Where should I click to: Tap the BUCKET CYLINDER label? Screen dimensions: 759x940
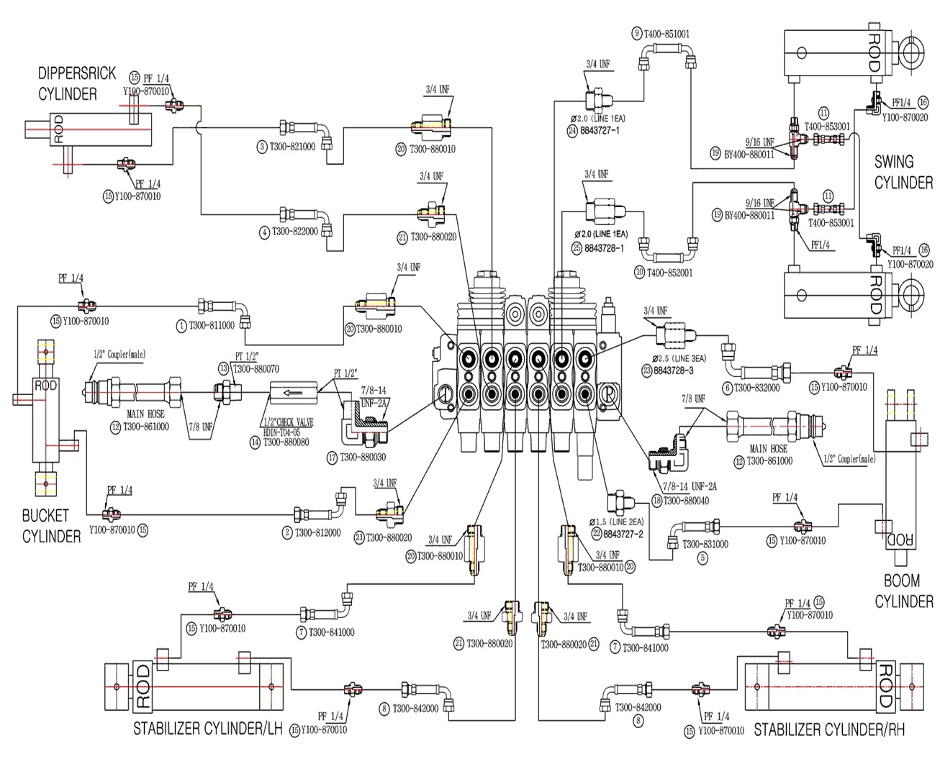pos(50,525)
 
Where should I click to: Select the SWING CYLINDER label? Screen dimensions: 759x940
pos(903,172)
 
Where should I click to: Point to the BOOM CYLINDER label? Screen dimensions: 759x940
pos(904,591)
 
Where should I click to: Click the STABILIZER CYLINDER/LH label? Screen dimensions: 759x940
pos(206,730)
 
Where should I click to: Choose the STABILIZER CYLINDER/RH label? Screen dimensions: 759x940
pos(828,730)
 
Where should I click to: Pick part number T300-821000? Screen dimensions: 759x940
pos(292,147)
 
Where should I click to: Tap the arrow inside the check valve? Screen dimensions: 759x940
pos(294,393)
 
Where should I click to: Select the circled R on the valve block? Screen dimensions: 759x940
pos(608,392)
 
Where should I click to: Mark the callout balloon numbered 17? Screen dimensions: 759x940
pos(332,457)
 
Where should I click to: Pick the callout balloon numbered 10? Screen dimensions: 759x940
pos(638,273)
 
